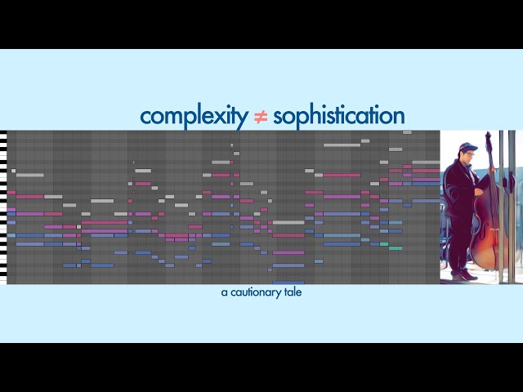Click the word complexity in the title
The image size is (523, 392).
193,116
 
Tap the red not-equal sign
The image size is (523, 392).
260,117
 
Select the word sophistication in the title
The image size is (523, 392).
338,116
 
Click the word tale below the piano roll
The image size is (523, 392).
293,292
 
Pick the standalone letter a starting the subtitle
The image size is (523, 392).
223,292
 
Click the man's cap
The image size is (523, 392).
467,148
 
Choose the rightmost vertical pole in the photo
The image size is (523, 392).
512,204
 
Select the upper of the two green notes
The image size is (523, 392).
384,243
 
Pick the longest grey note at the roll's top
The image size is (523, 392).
342,145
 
